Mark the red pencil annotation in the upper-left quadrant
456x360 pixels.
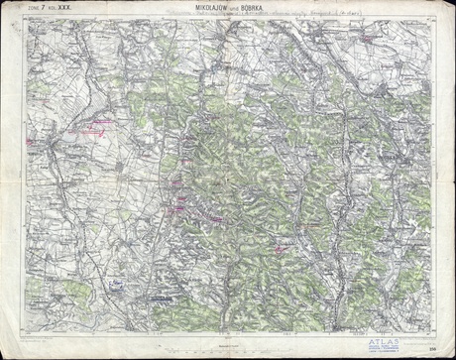94,126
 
